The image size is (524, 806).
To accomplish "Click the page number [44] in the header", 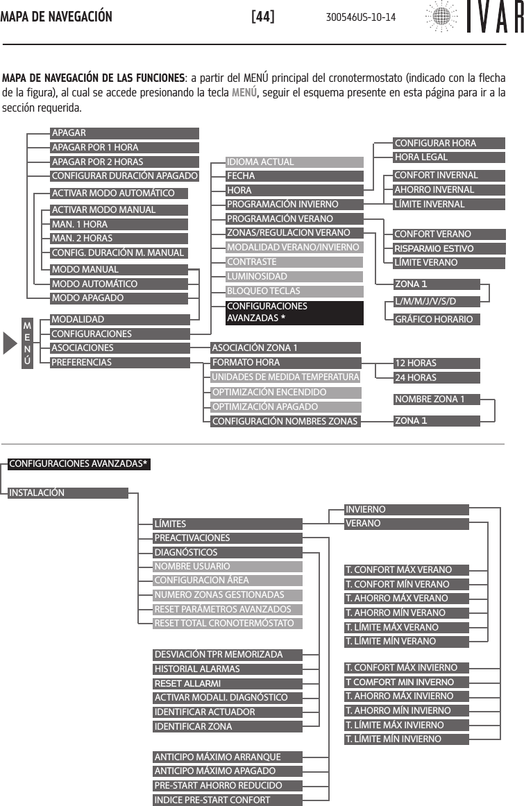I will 263,16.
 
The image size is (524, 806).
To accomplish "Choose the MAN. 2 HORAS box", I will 119,239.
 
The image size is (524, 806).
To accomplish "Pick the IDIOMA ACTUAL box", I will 294,162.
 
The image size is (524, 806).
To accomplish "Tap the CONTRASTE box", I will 294,262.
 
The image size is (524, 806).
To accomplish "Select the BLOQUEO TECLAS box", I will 294,291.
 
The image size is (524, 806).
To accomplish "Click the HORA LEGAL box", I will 436,157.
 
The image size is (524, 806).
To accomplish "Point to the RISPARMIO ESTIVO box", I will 436,248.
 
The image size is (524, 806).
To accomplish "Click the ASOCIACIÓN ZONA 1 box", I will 285,348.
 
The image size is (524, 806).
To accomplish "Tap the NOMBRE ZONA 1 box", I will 436,399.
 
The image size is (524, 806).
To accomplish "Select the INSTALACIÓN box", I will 68,493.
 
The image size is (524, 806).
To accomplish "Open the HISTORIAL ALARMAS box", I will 228,669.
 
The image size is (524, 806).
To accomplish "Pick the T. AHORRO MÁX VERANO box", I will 407,598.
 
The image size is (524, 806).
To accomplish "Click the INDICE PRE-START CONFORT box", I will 228,800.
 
